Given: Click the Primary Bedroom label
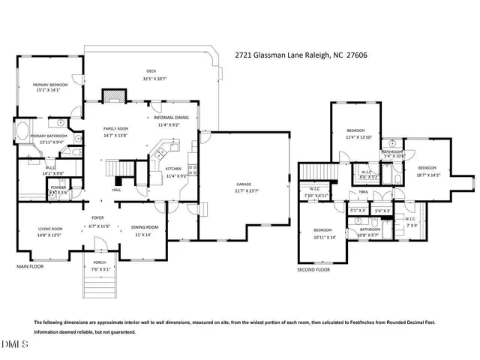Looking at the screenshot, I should (x=50, y=85).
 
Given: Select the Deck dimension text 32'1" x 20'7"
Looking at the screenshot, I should (x=150, y=79).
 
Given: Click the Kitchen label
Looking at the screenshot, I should (x=174, y=169).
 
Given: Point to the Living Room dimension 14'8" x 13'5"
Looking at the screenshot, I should (x=48, y=235).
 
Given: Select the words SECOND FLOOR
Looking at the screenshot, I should (x=313, y=268).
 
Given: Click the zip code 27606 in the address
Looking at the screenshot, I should (x=355, y=55).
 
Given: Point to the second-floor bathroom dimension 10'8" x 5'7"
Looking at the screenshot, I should (x=370, y=235).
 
